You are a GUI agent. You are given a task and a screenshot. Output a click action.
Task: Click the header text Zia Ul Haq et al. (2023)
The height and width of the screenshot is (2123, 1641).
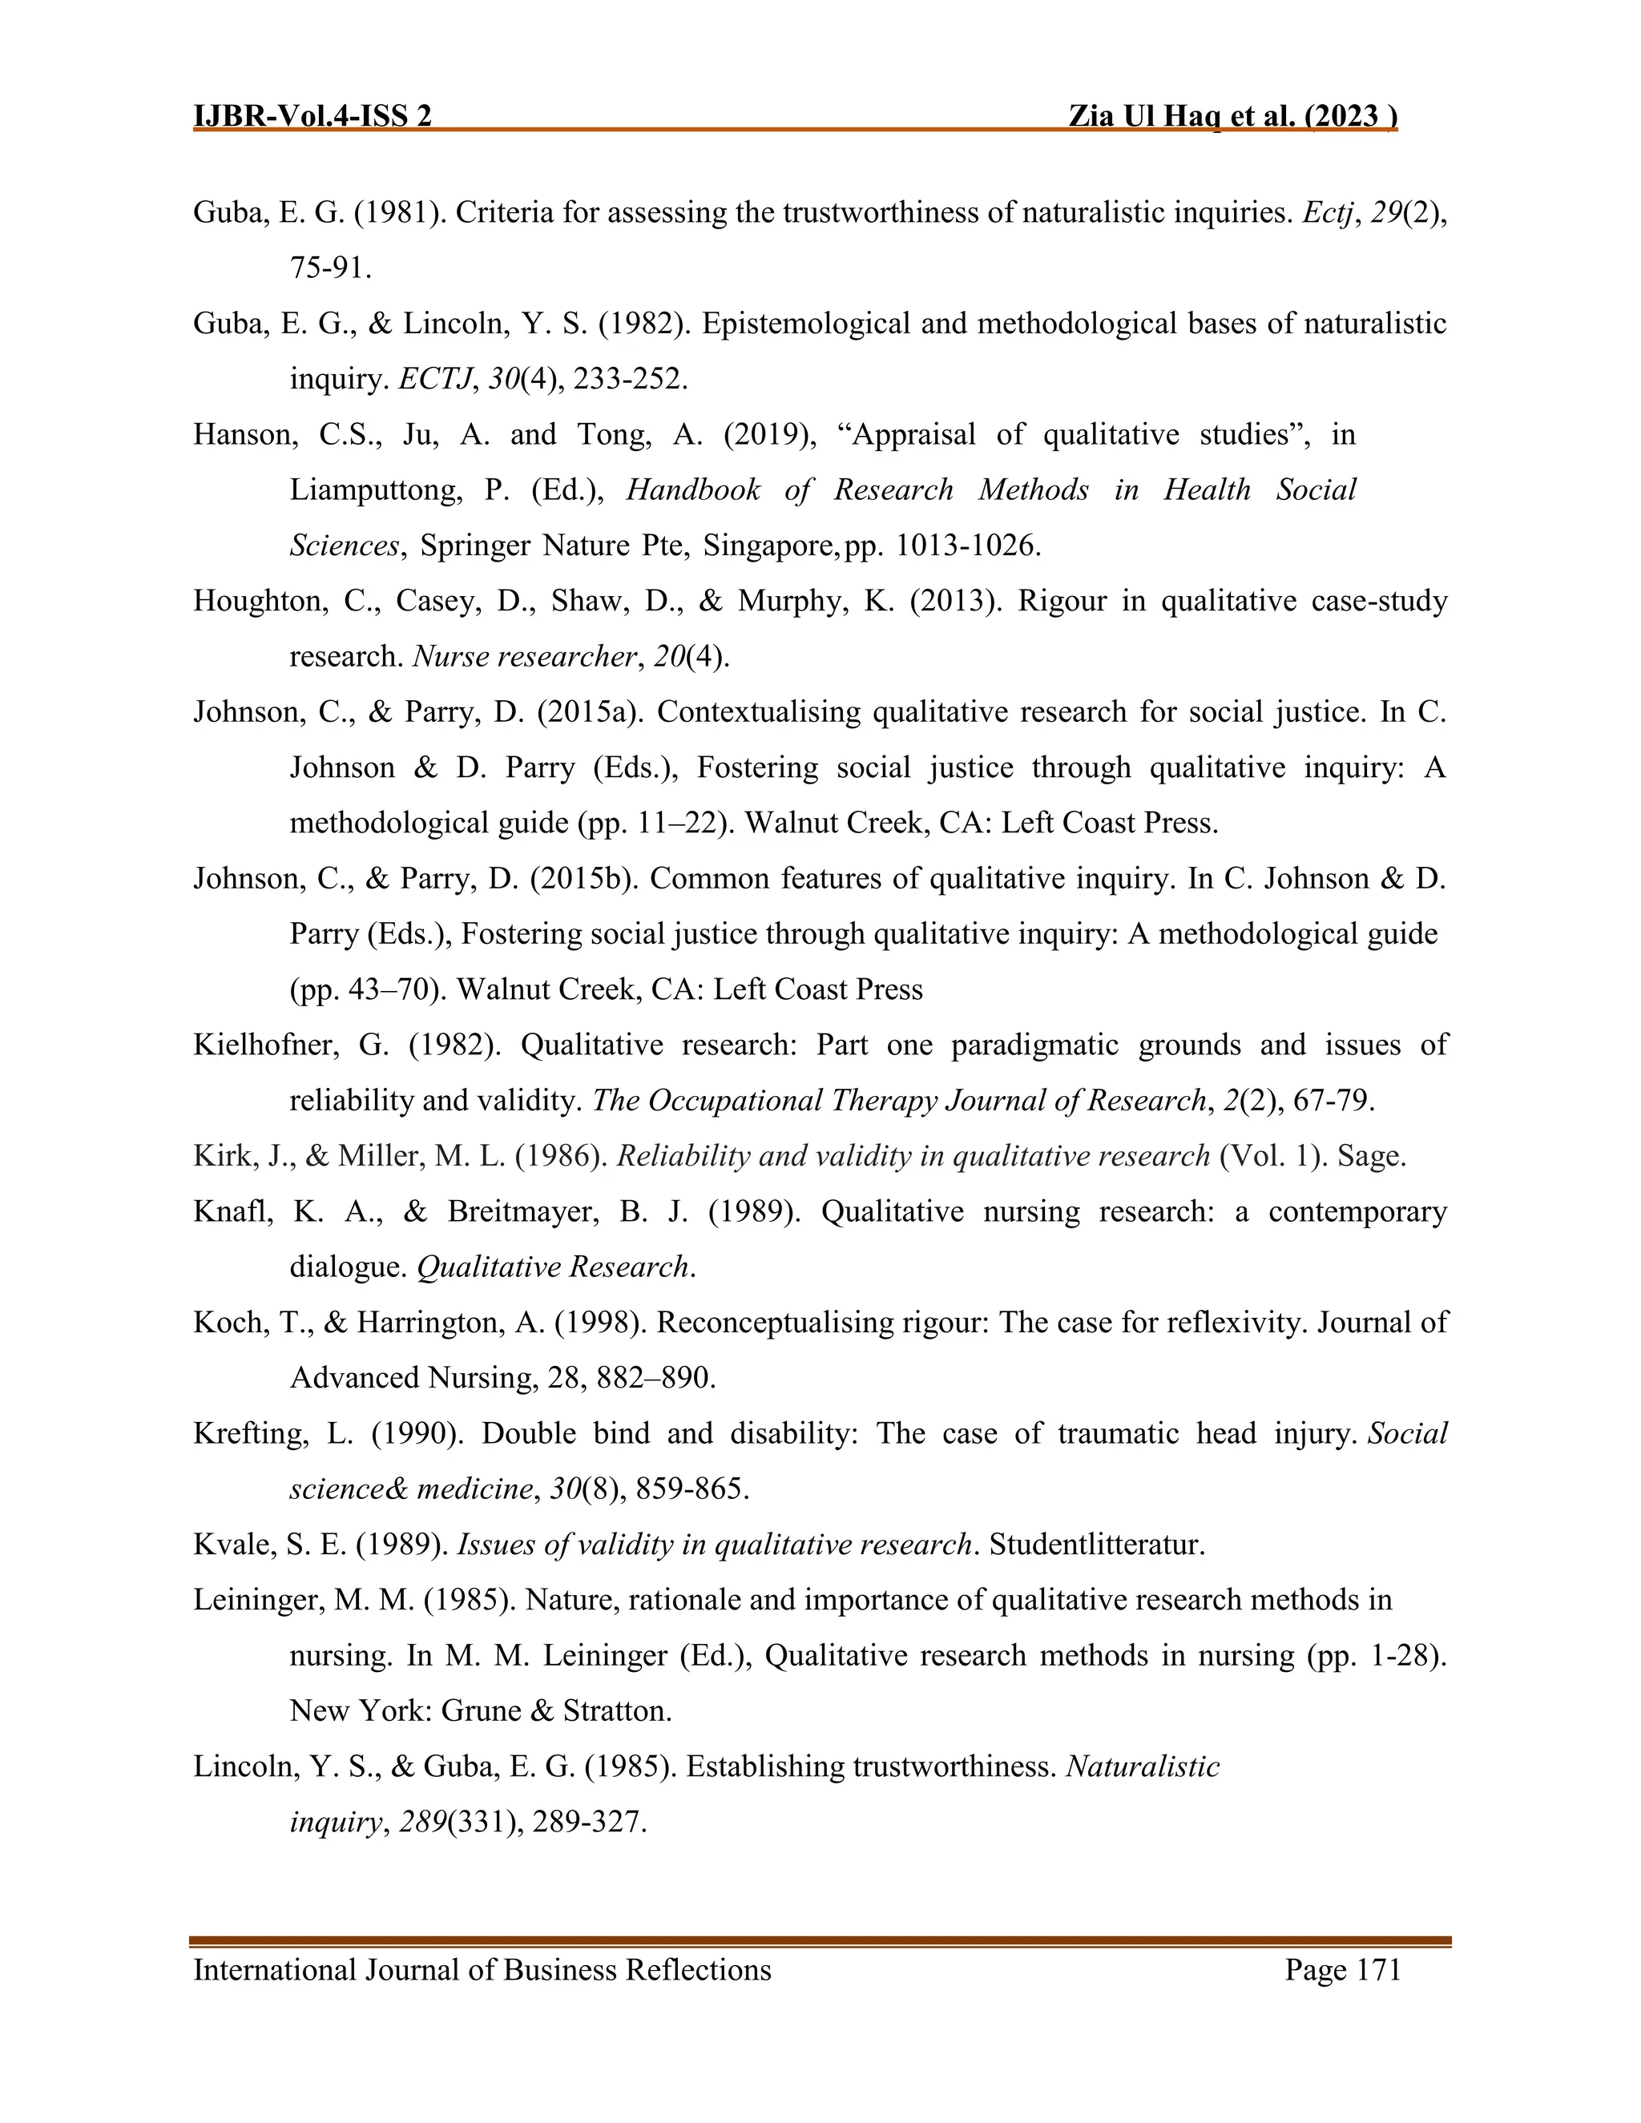pos(1232,117)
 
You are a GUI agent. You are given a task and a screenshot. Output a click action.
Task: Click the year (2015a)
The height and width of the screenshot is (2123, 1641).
pos(589,712)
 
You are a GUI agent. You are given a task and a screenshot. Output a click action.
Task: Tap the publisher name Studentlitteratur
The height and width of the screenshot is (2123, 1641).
pos(1097,1545)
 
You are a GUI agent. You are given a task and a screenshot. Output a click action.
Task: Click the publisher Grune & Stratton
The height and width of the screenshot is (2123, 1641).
pos(556,1711)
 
